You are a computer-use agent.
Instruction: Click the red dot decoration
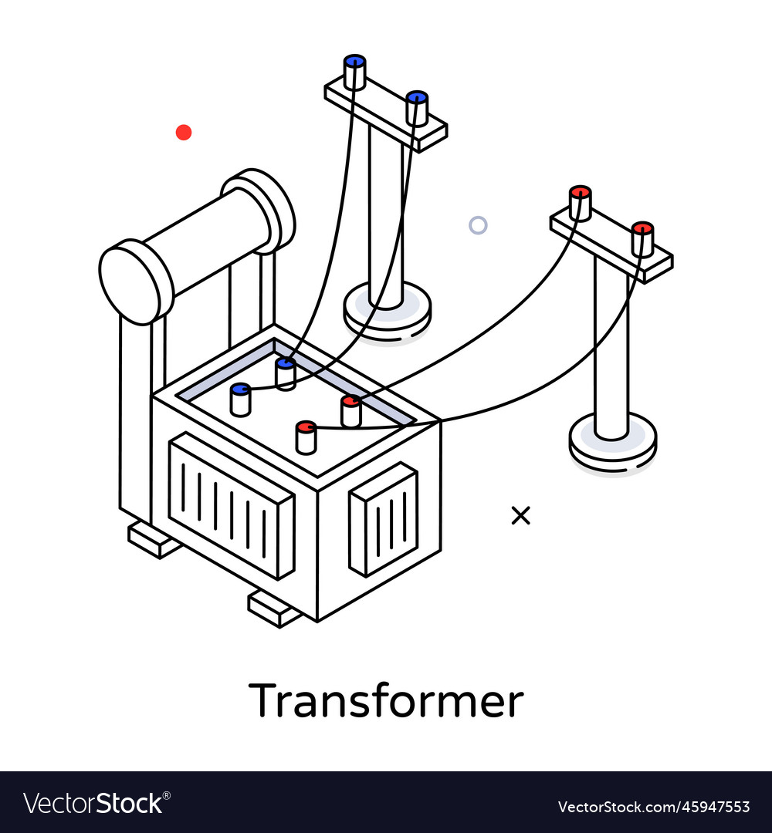184,133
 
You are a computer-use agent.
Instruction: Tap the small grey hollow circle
478,225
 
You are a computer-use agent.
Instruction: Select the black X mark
521,515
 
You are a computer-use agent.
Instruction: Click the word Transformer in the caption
386,700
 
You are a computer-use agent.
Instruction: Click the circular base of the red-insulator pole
612,442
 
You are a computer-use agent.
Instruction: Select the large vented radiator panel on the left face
231,506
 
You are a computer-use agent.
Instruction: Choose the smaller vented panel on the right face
384,520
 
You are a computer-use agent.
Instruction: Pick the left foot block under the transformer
154,540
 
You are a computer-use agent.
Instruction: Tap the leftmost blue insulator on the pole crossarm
354,73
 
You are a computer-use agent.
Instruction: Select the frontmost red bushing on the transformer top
306,437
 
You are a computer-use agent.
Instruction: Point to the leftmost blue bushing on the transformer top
240,400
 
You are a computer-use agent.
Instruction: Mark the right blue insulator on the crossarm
417,109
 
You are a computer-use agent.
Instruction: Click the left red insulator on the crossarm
580,203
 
